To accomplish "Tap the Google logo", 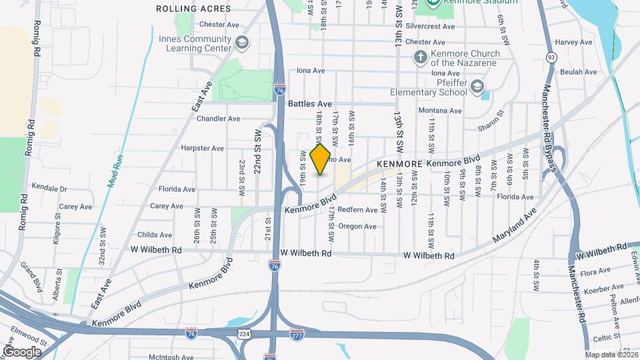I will tap(22, 351).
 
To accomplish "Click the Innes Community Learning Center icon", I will tap(241, 43).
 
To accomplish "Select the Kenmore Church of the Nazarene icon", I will tap(420, 57).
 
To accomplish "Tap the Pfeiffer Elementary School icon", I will tap(477, 86).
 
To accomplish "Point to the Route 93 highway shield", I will tap(551, 57).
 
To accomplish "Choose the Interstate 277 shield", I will tap(297, 333).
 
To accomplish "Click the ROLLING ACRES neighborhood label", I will tap(193, 9).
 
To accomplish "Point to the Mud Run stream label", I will tap(117, 170).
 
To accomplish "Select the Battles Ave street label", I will tap(310, 104).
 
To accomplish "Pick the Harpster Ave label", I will tap(202, 148).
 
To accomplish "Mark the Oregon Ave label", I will tap(357, 226).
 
